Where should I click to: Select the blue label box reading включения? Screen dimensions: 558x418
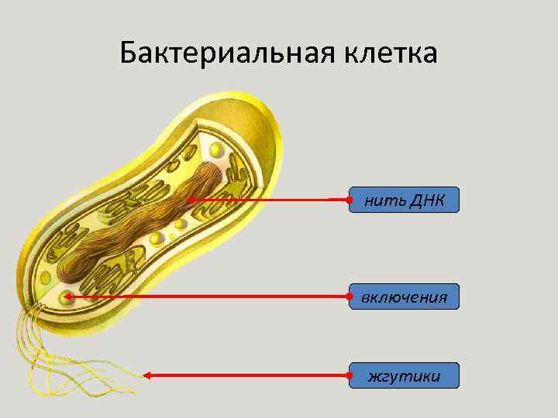[404, 297]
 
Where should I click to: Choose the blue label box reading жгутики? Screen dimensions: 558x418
[404, 376]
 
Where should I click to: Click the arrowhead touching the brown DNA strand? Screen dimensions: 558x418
[191, 200]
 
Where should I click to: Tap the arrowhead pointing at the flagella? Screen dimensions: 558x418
[147, 375]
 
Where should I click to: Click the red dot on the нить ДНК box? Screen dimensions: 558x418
[350, 200]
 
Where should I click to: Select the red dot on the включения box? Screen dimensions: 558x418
[350, 296]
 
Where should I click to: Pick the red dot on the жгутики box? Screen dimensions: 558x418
[350, 375]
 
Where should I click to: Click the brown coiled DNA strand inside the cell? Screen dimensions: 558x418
[139, 228]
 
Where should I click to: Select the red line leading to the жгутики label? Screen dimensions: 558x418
[248, 375]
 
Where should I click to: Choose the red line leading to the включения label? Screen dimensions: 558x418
[209, 296]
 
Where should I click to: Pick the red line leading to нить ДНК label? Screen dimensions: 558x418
[271, 200]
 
